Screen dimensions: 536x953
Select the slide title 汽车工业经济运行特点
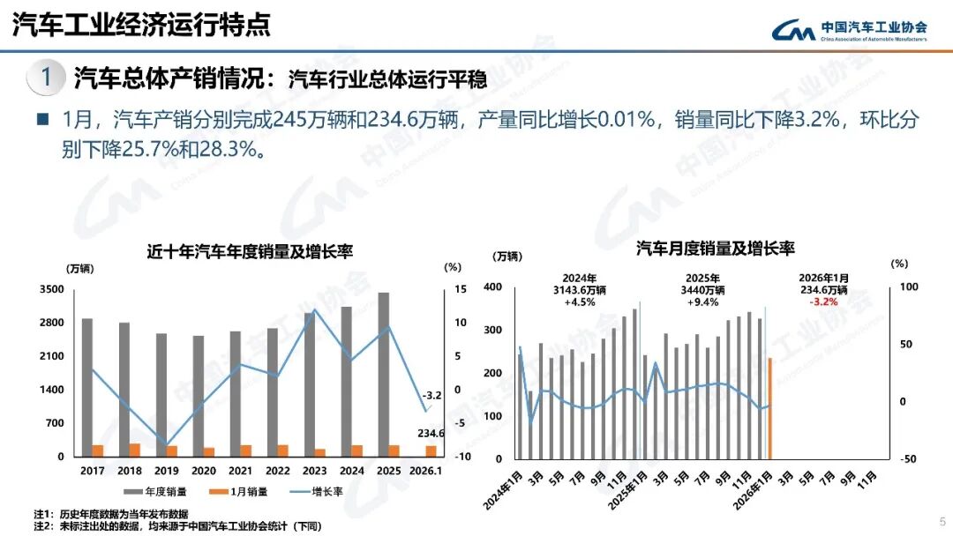coord(141,25)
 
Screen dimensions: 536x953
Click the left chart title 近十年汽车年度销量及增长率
coord(250,251)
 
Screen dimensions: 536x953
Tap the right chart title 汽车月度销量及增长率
coord(716,249)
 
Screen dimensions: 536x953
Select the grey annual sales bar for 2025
coord(384,370)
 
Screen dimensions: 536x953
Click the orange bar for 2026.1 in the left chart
coord(431,450)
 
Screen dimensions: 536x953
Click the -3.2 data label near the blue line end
coord(432,395)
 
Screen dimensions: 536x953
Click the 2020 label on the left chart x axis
coord(204,472)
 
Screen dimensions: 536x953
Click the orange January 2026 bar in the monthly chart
coord(770,407)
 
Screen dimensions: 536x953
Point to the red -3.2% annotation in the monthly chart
coord(823,301)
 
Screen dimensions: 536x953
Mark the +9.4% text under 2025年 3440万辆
coord(702,301)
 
